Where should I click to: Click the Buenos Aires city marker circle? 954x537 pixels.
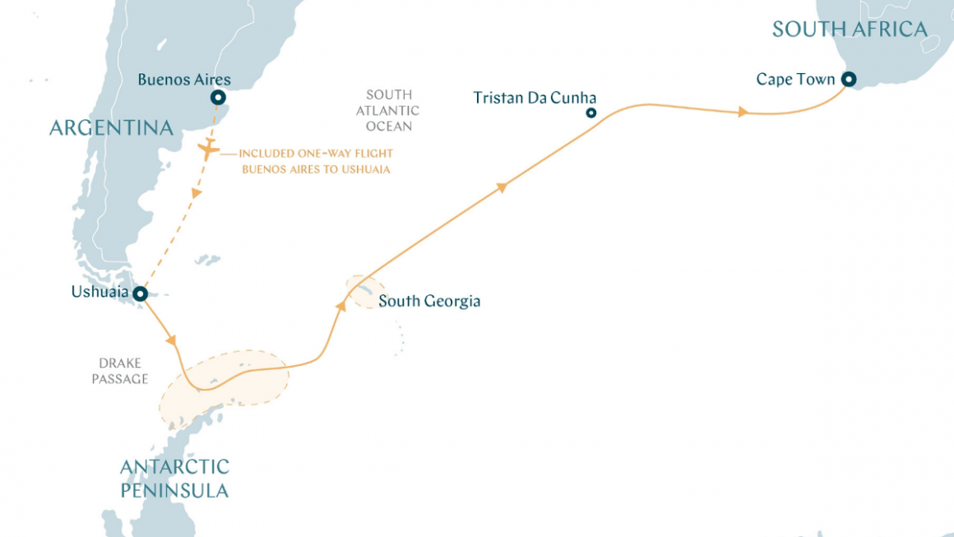[x=218, y=98]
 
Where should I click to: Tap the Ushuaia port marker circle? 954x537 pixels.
[x=141, y=294]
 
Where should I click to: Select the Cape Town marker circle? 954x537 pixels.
[x=848, y=80]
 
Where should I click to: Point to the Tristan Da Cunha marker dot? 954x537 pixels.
[x=590, y=113]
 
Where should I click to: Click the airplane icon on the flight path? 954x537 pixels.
[x=208, y=150]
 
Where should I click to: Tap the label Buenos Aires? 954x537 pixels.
[x=184, y=80]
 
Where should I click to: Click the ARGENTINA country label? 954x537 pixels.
[x=111, y=127]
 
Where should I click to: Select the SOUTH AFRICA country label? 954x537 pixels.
[x=850, y=30]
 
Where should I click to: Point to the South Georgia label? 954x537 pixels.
[x=429, y=301]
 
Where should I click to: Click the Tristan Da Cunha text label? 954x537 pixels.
[x=535, y=98]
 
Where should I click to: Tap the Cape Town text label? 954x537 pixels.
[x=795, y=80]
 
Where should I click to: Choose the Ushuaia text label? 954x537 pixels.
[x=100, y=292]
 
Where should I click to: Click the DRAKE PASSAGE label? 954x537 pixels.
[x=122, y=371]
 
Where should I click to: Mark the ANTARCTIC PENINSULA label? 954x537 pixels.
[x=174, y=479]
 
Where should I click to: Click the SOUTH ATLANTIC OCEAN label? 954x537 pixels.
[x=389, y=111]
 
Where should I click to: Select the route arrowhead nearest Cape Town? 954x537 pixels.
[x=743, y=112]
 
